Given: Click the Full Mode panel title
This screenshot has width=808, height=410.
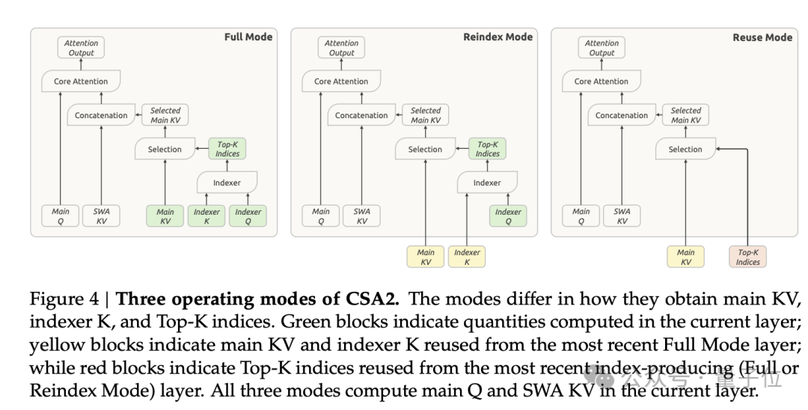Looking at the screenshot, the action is [248, 37].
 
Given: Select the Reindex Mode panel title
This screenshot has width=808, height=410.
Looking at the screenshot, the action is [498, 37].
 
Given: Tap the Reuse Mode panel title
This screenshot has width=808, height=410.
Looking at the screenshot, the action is [762, 37].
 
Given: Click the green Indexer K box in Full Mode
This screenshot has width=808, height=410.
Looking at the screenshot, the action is [206, 216].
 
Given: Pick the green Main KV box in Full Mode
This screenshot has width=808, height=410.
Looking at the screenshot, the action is [165, 216].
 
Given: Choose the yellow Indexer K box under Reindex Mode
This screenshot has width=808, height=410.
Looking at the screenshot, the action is [467, 257].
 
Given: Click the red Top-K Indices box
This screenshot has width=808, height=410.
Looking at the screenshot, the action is [747, 257].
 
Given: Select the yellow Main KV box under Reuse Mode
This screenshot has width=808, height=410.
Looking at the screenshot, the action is [686, 257].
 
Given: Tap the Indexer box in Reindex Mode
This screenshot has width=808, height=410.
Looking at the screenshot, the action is [487, 183].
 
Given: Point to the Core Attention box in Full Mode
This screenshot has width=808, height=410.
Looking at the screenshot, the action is [81, 82].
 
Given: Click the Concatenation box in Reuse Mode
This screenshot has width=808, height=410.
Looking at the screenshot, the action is [622, 115].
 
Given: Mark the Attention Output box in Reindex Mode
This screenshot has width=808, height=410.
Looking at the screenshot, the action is [341, 47].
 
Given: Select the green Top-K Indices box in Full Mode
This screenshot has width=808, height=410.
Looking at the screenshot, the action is [227, 149].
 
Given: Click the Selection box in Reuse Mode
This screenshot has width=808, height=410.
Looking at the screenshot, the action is [685, 149].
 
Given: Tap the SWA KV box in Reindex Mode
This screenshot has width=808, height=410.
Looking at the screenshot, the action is [362, 215].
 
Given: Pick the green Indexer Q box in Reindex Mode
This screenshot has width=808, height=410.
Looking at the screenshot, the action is [508, 216].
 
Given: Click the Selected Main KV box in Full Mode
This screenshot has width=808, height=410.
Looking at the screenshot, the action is [165, 115].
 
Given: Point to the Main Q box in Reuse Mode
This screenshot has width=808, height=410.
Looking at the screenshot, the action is [581, 215].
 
